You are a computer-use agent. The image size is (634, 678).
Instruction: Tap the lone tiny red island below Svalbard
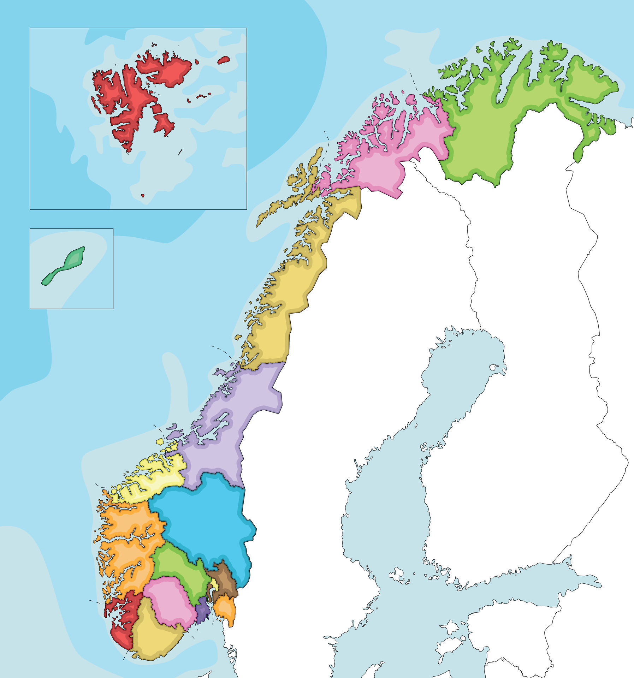[x=143, y=195]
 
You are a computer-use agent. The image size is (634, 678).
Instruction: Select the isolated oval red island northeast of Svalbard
[x=223, y=60]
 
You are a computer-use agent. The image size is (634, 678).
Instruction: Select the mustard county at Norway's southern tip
[x=155, y=636]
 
